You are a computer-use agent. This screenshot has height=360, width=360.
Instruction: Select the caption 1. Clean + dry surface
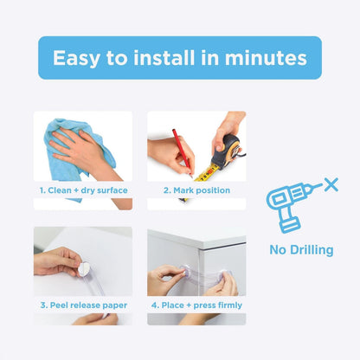(x=83, y=190)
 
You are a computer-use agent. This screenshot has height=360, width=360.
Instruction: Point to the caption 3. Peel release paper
(x=83, y=305)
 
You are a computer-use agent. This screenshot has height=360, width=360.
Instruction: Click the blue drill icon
(x=288, y=207)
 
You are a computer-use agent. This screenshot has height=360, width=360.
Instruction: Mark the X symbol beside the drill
(x=329, y=184)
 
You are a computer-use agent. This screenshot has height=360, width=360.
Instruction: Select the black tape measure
(x=227, y=148)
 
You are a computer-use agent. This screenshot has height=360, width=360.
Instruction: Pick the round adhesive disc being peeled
(x=84, y=267)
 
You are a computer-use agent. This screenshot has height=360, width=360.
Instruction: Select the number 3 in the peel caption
(x=41, y=305)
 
